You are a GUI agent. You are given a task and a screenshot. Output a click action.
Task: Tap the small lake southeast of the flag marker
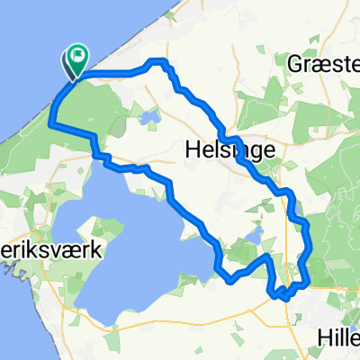149,116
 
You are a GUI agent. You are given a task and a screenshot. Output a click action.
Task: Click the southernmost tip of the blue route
281,295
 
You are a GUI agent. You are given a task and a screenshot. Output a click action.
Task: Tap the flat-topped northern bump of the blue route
159,61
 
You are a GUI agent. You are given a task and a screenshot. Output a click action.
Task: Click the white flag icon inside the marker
77,58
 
